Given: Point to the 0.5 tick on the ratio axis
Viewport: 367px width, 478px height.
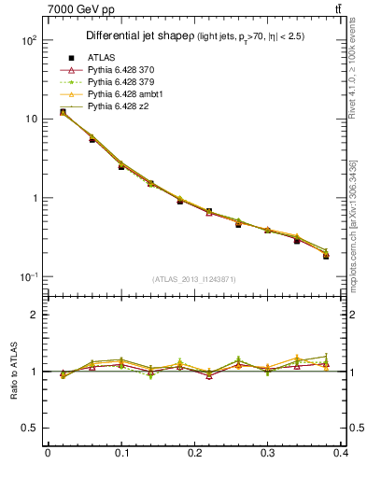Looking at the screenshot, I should pos(29,428).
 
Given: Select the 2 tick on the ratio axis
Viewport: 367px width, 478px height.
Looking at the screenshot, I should pos(33,315).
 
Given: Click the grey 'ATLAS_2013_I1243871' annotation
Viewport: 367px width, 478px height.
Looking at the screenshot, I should pos(194,280).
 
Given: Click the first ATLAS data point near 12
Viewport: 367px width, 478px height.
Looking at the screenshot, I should pos(63,112).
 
